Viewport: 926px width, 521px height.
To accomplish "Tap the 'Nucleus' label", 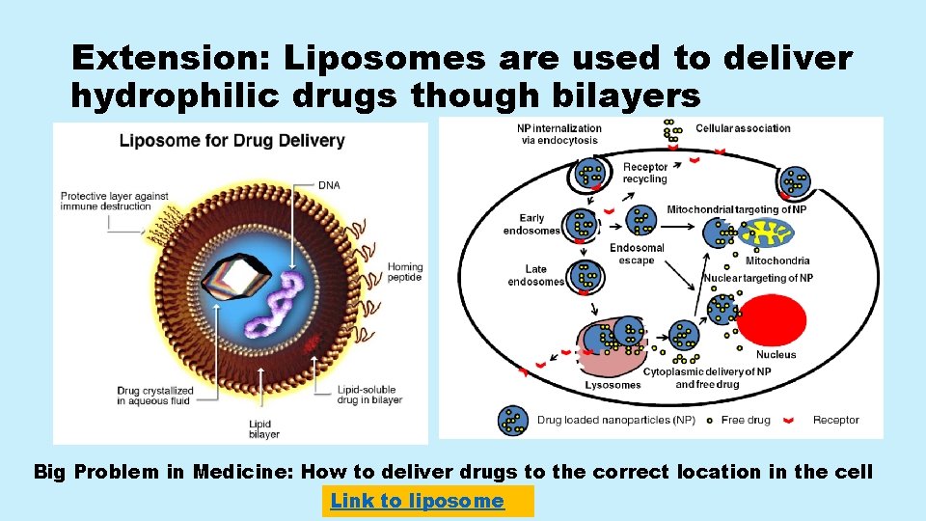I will [x=776, y=355].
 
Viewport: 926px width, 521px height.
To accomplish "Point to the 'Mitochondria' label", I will [x=777, y=260].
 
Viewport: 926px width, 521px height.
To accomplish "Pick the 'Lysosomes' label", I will [x=613, y=385].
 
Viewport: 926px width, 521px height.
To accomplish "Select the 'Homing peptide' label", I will [x=405, y=272].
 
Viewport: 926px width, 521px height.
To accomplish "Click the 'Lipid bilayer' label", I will [x=263, y=428].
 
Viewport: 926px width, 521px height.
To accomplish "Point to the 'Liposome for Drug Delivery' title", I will [x=231, y=141].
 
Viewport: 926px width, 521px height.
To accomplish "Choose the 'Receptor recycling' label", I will [x=644, y=173].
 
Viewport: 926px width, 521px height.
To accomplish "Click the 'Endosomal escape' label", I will [x=637, y=254].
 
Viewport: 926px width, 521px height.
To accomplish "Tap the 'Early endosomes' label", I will [x=532, y=224].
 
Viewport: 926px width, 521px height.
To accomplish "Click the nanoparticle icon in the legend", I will [x=512, y=420].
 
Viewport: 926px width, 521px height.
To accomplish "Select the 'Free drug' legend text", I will [x=745, y=420].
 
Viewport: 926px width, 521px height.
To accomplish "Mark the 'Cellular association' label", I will [x=743, y=128].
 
